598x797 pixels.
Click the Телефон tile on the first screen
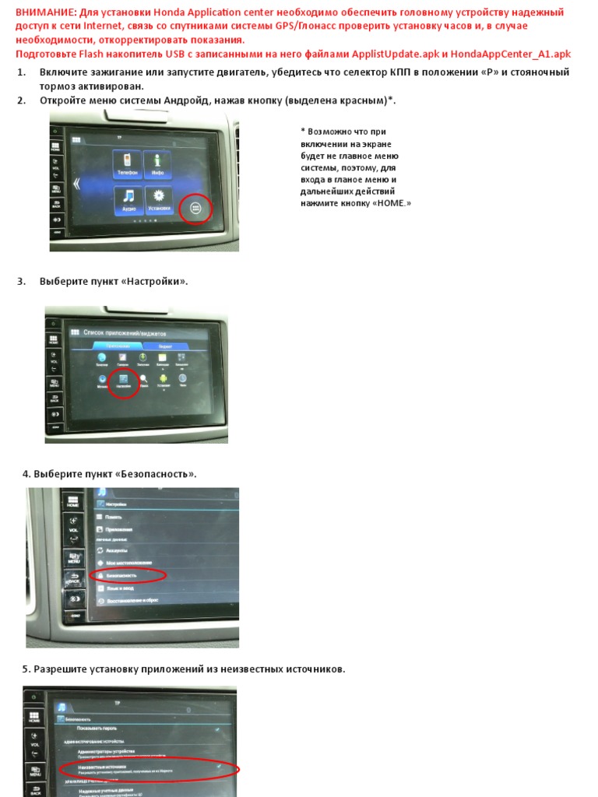tap(128, 163)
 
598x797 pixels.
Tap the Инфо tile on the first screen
tap(157, 163)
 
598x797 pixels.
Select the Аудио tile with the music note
tap(128, 200)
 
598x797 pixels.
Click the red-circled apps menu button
tap(195, 208)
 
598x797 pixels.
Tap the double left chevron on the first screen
tap(76, 184)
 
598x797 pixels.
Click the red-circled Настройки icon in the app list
tap(122, 380)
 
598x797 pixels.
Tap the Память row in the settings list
tap(114, 517)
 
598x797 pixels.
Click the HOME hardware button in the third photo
tap(73, 502)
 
